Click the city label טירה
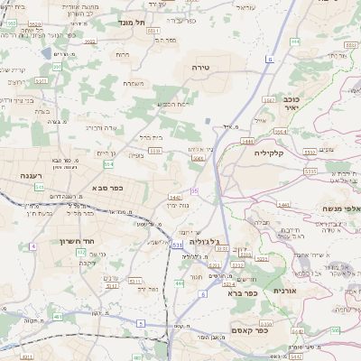[200, 68]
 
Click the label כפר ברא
[243, 292]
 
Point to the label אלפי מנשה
[342, 208]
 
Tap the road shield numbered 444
[297, 42]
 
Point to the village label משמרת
[134, 83]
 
